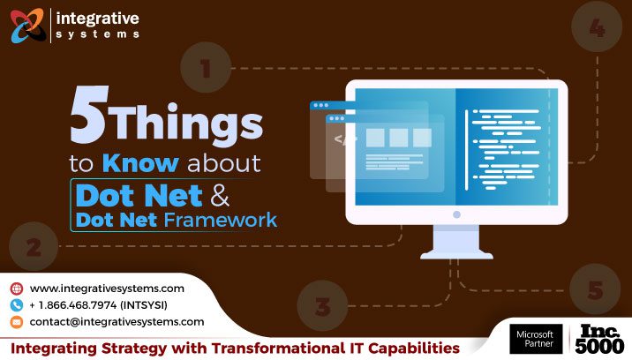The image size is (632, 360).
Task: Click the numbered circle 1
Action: tap(206, 68)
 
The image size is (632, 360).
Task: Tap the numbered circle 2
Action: tap(34, 248)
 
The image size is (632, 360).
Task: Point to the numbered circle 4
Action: tap(597, 30)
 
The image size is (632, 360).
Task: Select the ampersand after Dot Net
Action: tap(245, 191)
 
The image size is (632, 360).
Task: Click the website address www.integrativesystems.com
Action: tap(107, 289)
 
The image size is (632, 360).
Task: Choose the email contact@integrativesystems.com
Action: tap(117, 322)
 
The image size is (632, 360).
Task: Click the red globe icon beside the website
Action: tap(16, 289)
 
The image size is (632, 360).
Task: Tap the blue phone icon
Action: tap(16, 305)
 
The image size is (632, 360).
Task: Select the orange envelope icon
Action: tap(16, 322)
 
